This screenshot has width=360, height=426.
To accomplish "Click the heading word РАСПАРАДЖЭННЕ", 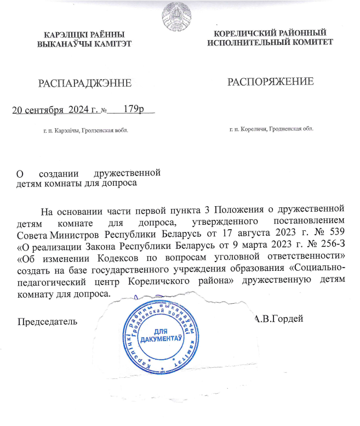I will coord(84,83).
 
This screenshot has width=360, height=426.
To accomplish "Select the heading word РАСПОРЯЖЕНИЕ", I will coord(270,82).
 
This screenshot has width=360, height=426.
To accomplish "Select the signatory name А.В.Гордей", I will coord(279,319).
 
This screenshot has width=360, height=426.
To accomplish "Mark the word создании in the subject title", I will coord(62,173).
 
